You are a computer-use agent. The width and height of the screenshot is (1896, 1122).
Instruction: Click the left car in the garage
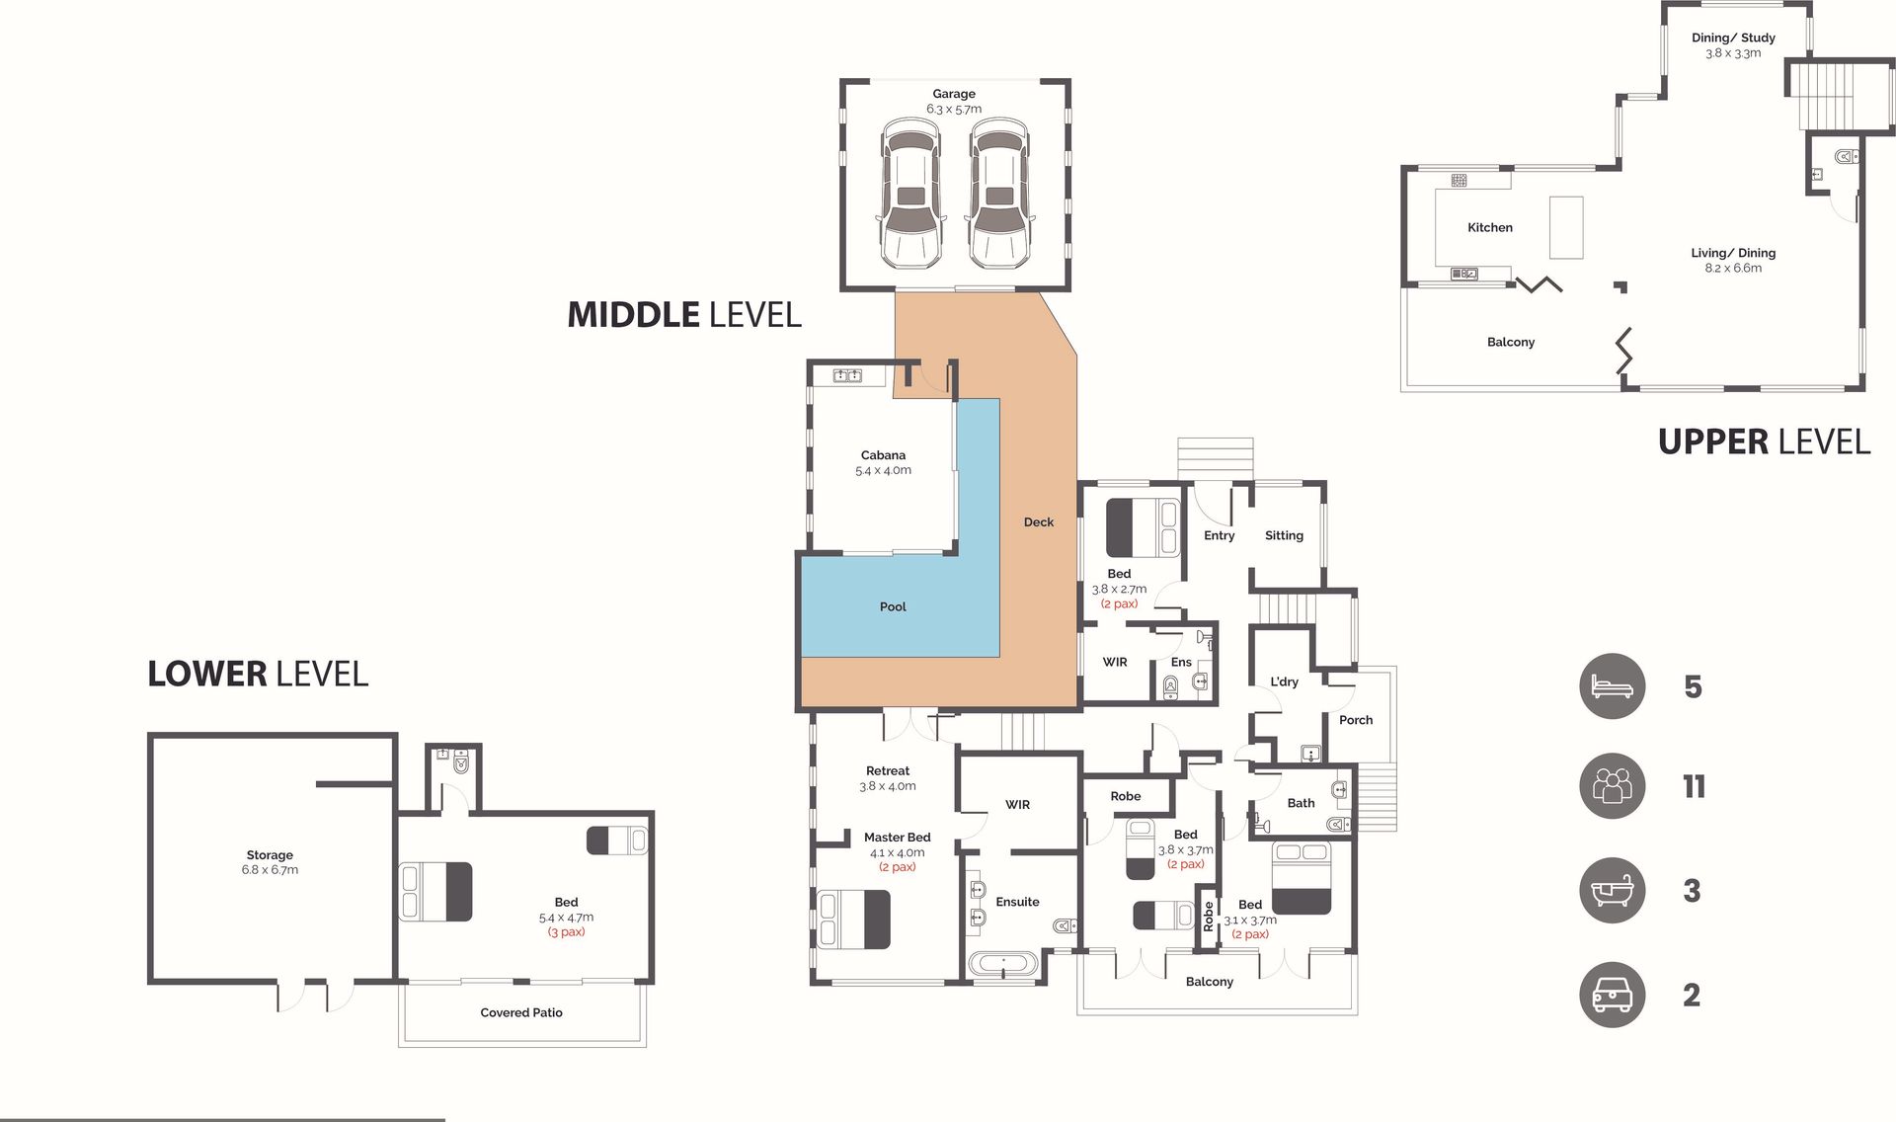click(910, 194)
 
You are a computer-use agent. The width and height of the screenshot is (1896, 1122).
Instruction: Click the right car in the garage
click(999, 194)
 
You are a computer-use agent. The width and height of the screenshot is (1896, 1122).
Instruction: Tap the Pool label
click(893, 606)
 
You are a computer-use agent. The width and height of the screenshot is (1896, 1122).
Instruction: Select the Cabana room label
click(883, 455)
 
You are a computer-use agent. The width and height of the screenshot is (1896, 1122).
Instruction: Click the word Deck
click(1039, 522)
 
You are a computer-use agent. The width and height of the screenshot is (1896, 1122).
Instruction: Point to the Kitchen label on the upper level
click(1490, 227)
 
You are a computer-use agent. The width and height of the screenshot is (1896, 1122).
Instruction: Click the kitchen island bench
click(1566, 227)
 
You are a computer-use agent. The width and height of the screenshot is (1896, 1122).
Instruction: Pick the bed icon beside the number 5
click(1613, 685)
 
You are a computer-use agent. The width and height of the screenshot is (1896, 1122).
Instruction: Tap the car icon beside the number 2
click(1613, 995)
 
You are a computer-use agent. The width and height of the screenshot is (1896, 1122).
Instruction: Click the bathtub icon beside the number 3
click(1613, 890)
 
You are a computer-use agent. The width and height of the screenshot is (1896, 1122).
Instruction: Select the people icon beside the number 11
click(1613, 786)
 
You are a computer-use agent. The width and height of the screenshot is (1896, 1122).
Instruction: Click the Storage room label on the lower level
click(270, 855)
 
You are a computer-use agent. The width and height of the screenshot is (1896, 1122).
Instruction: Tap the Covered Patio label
click(521, 1012)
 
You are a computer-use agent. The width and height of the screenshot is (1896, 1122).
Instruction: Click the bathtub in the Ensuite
click(1003, 963)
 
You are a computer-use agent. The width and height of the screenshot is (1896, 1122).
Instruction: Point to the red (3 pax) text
click(566, 932)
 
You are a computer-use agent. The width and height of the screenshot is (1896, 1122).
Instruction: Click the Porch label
click(1356, 720)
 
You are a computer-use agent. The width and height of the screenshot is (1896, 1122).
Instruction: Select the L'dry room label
click(1284, 681)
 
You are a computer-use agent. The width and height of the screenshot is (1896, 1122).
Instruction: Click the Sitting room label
click(1284, 535)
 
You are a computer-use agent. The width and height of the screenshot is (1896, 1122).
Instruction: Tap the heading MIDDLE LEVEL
click(684, 315)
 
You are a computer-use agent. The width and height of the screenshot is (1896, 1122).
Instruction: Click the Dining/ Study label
click(1733, 38)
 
